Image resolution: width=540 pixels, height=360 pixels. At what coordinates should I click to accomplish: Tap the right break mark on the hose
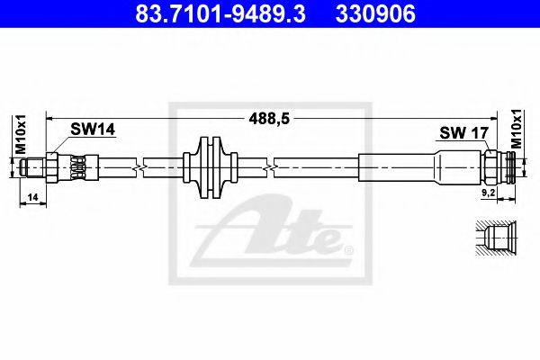pos(269,166)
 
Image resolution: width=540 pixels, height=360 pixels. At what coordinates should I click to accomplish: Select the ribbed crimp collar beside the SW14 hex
pos(79,166)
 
